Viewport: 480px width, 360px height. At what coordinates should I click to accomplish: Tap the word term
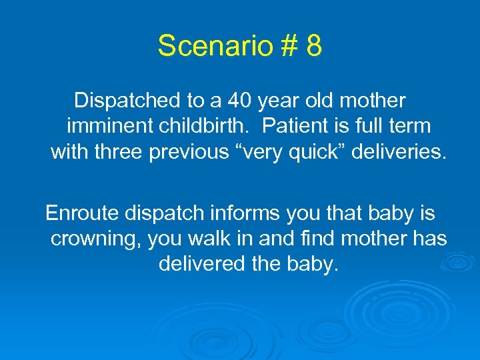[407, 127]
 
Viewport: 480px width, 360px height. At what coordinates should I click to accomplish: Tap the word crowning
[95, 239]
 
